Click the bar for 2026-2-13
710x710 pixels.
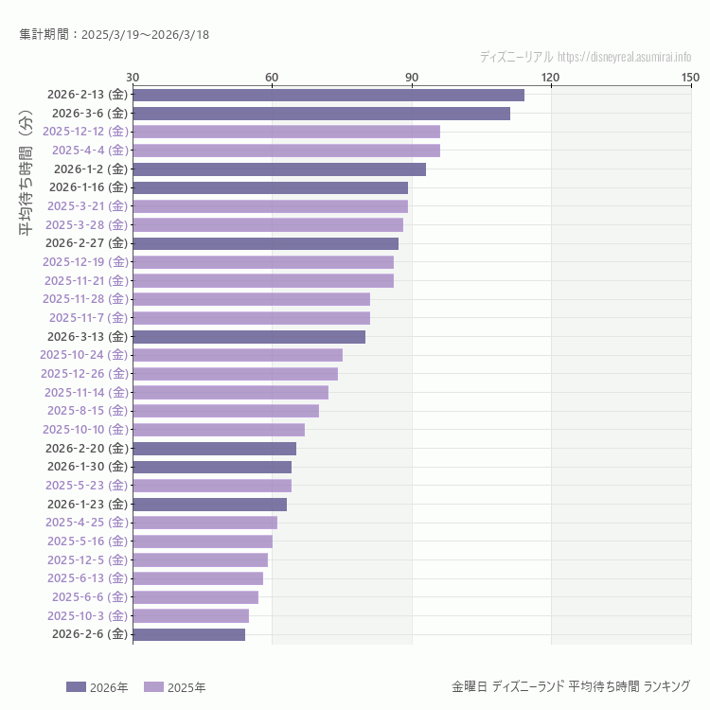coord(328,95)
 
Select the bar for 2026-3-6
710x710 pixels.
coord(322,114)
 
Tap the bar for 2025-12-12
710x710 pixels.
coord(286,132)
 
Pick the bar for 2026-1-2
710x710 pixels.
coord(279,169)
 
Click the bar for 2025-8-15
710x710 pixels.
coord(225,411)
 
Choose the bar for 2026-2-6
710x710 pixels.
coord(188,634)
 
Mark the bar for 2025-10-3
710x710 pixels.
coord(190,615)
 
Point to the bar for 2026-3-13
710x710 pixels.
coord(249,337)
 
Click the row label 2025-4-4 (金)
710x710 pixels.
coord(89,151)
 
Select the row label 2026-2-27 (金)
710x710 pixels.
coord(86,243)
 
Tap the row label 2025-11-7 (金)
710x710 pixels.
coord(88,318)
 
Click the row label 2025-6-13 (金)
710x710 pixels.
coord(86,578)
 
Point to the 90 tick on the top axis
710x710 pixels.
coord(411,77)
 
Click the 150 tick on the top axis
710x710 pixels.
coord(689,77)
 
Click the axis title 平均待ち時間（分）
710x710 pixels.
coord(26,185)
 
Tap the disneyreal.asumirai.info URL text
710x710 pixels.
coord(624,57)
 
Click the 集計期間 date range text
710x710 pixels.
coord(114,35)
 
